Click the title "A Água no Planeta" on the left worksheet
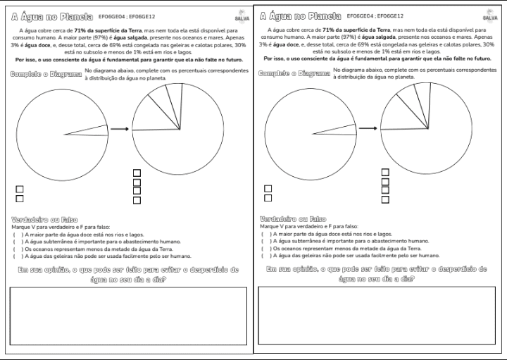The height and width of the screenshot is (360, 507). pyautogui.click(x=49, y=15)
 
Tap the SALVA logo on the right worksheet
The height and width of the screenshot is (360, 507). pyautogui.click(x=489, y=15)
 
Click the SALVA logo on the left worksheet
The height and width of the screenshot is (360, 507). pyautogui.click(x=242, y=15)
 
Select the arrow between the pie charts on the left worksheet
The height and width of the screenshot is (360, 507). pyautogui.click(x=120, y=129)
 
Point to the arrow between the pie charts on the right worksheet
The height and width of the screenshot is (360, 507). pyautogui.click(x=369, y=129)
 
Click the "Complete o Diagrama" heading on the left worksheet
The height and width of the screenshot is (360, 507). pyautogui.click(x=46, y=74)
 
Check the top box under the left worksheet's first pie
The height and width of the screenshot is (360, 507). pyautogui.click(x=20, y=189)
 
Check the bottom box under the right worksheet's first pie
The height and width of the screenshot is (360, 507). pyautogui.click(x=268, y=199)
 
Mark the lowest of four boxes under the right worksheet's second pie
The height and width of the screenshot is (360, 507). pyautogui.click(x=385, y=200)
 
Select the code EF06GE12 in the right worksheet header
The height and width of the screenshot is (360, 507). pyautogui.click(x=392, y=15)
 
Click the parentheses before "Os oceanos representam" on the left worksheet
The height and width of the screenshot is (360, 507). pyautogui.click(x=17, y=249)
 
